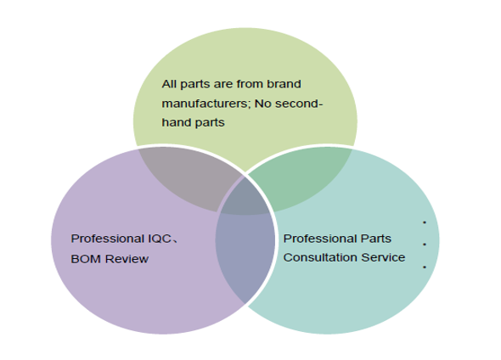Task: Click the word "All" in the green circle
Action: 169,84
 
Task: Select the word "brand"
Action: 284,84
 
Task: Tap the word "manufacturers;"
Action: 206,104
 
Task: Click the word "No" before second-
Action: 262,104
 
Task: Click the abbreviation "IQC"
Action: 160,239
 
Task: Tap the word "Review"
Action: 127,259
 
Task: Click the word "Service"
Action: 383,257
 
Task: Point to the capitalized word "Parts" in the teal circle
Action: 376,239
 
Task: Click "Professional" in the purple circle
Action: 108,239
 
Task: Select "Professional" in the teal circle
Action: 320,239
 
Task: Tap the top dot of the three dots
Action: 425,222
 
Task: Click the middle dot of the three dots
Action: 425,245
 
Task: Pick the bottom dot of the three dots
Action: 425,267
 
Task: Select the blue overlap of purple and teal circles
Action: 245,256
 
